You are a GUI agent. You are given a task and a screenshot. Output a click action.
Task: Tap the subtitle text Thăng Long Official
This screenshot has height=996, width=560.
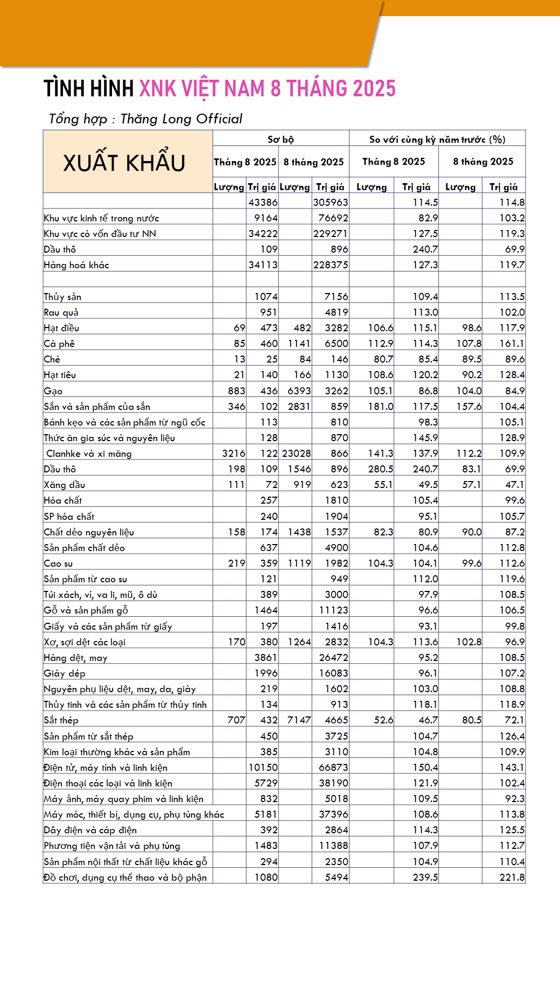pos(181,119)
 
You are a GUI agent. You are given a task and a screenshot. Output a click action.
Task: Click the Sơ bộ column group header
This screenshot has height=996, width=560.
pos(281,140)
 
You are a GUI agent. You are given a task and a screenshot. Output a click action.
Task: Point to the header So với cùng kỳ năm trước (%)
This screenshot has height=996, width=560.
pos(437,140)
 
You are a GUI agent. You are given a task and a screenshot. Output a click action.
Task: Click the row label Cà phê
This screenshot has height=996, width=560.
pos(59,344)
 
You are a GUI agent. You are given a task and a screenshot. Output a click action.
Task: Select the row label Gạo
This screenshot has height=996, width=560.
pos(53,391)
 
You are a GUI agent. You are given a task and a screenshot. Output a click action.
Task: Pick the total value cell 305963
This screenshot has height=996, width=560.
pos(331,203)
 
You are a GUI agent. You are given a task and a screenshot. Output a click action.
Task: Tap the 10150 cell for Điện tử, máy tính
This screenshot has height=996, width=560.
pos(263,768)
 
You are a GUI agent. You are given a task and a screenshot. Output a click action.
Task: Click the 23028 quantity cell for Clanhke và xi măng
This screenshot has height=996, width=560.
pos(296,454)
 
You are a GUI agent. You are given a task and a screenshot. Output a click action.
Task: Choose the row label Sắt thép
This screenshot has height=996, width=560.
pos(61,720)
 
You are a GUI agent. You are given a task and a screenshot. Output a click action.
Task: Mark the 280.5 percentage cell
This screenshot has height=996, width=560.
pos(381,469)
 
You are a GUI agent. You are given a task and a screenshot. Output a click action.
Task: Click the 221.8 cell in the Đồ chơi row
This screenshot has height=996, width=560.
pos(512,877)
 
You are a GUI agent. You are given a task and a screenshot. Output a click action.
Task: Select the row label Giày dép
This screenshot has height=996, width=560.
pos(65,673)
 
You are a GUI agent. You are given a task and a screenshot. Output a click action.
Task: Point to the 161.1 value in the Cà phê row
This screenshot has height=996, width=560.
pos(512,344)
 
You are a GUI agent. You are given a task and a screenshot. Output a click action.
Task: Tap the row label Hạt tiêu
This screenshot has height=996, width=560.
pos(60,375)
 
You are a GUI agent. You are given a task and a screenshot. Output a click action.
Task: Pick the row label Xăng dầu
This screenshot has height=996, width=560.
pos(65,485)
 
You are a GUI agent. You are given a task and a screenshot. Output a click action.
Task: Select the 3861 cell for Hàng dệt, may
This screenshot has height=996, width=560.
pos(266,658)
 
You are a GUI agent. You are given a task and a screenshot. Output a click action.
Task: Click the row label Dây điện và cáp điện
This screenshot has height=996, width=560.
pos(90,830)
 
